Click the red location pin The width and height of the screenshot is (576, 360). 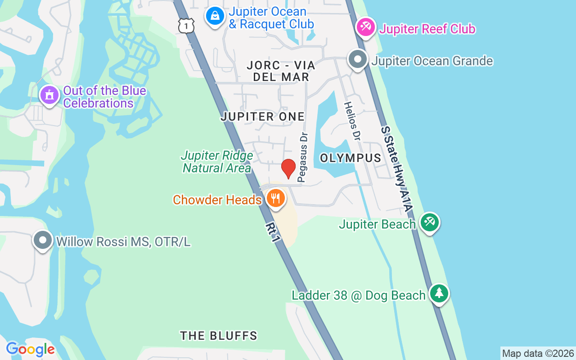(288, 169)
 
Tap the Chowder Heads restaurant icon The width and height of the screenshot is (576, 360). (275, 198)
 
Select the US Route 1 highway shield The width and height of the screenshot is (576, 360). (186, 25)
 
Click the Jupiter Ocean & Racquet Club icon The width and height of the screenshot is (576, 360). (215, 16)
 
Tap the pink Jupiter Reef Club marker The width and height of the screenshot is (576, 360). (366, 27)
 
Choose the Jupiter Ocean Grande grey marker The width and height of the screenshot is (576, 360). (358, 59)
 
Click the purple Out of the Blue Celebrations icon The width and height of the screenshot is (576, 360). (49, 95)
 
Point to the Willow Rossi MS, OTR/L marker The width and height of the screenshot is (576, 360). (43, 240)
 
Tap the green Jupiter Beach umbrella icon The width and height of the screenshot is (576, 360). (429, 222)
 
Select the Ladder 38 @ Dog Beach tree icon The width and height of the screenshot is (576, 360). (439, 293)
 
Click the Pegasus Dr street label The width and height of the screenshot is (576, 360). (303, 157)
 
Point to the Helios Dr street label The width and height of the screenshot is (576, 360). (353, 121)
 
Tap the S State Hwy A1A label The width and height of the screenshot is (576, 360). (396, 169)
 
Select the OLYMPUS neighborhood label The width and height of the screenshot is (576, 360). (351, 158)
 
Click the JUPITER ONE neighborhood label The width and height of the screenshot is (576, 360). (263, 117)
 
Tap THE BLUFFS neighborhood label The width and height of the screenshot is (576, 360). (219, 336)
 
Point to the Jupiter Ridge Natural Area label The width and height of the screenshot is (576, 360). (217, 162)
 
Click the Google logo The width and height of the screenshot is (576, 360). (31, 349)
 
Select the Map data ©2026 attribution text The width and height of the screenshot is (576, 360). (538, 353)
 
